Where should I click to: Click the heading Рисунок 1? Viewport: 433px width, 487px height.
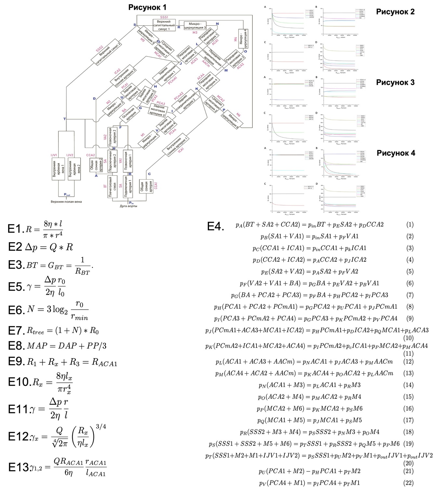point(147,7)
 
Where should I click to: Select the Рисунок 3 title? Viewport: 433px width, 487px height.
point(395,82)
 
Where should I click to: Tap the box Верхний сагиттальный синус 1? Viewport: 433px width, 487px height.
point(164,25)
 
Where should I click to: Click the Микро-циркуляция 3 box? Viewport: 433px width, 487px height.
point(195,26)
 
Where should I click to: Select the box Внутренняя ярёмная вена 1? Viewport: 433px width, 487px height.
point(59,169)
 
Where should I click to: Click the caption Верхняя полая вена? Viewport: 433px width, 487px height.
point(66,202)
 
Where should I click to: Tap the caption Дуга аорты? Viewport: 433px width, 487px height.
point(128,206)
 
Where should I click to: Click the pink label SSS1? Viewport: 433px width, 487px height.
point(164,17)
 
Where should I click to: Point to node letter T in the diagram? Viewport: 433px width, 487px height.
point(64,119)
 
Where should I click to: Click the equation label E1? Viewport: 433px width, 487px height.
point(16,229)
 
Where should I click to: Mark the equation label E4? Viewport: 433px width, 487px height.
point(216,226)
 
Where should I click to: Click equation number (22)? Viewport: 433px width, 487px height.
point(408,482)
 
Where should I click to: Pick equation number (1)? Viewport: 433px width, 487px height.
point(410,224)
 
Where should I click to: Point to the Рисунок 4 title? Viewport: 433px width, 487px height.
point(396,153)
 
